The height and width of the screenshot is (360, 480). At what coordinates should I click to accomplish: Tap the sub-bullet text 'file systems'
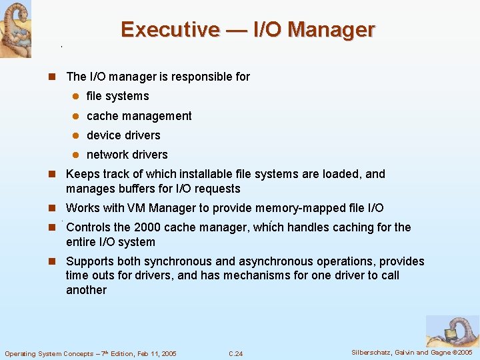point(117,96)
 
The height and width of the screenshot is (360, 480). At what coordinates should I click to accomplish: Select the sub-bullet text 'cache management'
point(139,116)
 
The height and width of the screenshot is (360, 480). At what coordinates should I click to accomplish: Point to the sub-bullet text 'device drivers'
point(123,135)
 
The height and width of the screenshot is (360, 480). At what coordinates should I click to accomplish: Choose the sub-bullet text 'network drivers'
point(127,155)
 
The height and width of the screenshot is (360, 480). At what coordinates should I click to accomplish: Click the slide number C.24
point(235,353)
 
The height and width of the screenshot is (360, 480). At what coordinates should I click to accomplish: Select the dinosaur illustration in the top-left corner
point(15,29)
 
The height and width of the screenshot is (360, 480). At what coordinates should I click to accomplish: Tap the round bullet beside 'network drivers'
point(76,155)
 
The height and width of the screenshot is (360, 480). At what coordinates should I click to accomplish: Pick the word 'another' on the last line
point(86,290)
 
